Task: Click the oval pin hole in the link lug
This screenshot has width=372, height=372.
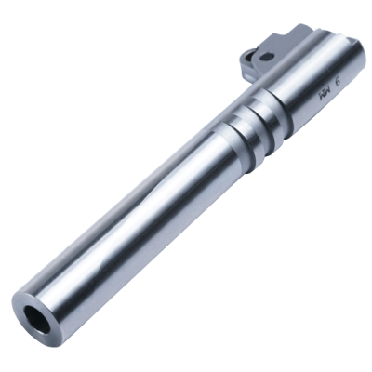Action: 266,57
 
